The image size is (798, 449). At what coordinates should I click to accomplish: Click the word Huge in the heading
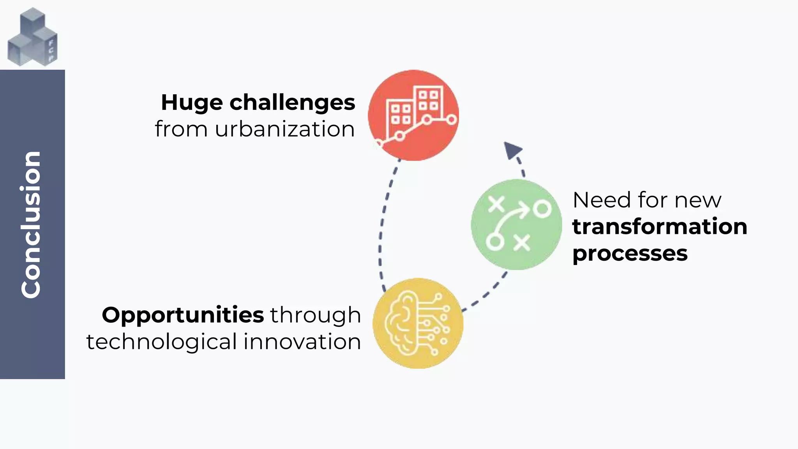[x=191, y=103]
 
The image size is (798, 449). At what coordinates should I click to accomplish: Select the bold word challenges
[x=292, y=103]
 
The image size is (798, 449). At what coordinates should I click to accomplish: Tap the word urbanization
[x=284, y=129]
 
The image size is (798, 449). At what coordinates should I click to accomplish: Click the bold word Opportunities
[x=183, y=315]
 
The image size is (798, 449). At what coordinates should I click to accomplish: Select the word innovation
[x=302, y=342]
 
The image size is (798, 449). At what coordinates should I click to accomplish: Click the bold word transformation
[x=659, y=227]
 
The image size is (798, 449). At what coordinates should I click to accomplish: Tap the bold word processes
[x=630, y=254]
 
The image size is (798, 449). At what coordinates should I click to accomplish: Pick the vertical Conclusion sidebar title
[x=31, y=224]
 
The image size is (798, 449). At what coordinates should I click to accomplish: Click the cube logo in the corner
[x=32, y=37]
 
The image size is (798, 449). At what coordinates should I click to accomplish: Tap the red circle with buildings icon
[x=413, y=115]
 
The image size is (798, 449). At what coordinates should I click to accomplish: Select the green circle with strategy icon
[x=516, y=224]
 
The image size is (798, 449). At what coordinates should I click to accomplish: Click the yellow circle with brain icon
[x=418, y=323]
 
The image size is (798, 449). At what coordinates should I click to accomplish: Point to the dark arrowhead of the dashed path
[x=512, y=150]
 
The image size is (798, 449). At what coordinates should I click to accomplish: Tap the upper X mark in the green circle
[x=496, y=204]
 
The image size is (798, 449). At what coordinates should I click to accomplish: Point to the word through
[x=315, y=315]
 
